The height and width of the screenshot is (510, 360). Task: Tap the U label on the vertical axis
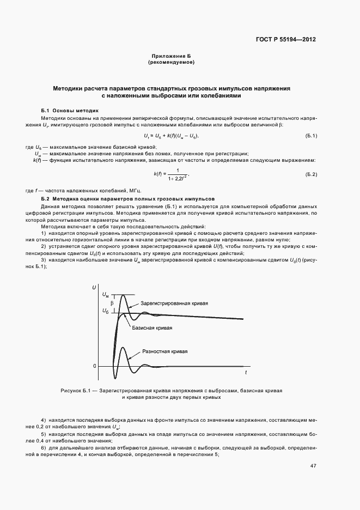[95, 287]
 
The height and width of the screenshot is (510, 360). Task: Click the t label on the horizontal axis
[246, 372]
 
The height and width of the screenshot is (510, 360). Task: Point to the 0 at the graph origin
[94, 366]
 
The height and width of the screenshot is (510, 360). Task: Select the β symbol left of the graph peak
[111, 302]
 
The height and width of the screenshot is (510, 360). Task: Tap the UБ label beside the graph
[105, 311]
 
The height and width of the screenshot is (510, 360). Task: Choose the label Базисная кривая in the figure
[152, 328]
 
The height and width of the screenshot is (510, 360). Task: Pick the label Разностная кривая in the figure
[164, 351]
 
